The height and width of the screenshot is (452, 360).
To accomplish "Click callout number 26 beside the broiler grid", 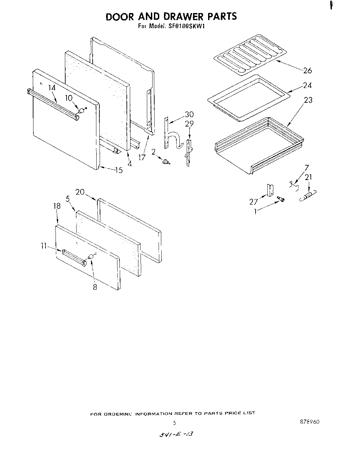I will pyautogui.click(x=307, y=71).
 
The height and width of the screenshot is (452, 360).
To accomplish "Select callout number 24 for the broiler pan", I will pyautogui.click(x=307, y=86).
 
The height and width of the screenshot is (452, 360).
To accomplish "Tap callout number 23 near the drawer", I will pyautogui.click(x=308, y=100).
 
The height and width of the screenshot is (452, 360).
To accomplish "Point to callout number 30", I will pyautogui.click(x=189, y=115).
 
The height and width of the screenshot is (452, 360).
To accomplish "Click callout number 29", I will pyautogui.click(x=189, y=124).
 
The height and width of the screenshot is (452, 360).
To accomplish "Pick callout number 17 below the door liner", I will pyautogui.click(x=142, y=157).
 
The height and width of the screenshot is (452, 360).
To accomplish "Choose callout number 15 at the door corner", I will pyautogui.click(x=119, y=170).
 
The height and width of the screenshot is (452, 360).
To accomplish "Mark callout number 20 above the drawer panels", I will pyautogui.click(x=80, y=192).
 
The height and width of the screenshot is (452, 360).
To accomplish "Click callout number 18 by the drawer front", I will pyautogui.click(x=57, y=206).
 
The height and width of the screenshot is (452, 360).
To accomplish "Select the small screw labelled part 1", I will pyautogui.click(x=281, y=200).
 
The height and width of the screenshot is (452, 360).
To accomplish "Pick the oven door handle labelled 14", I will pyautogui.click(x=54, y=104).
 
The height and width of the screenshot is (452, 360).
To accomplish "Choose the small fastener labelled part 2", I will pyautogui.click(x=165, y=162).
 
